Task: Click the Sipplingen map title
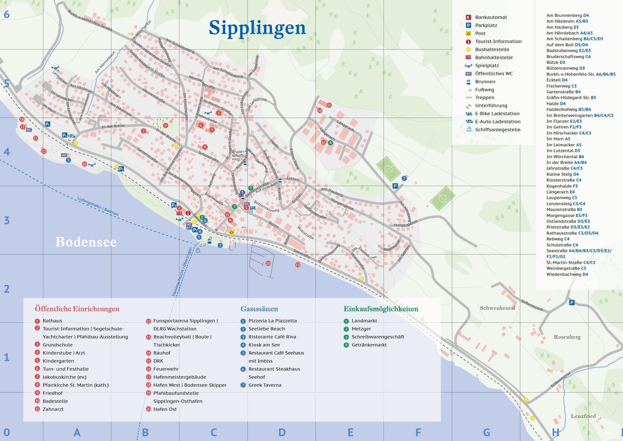tap(257, 28)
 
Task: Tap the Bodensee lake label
tap(86, 242)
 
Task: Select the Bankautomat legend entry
tap(490, 17)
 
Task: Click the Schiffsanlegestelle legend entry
tap(497, 130)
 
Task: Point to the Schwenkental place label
tap(497, 308)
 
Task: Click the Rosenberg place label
tap(567, 337)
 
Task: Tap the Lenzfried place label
tap(583, 416)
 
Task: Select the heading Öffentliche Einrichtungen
tap(77, 309)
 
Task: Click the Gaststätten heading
tap(259, 309)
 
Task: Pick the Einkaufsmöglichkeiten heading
tap(381, 309)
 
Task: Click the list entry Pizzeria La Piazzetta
tap(272, 321)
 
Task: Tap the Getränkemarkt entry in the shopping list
tap(369, 345)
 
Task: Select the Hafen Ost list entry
tap(165, 409)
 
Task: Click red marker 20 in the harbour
tap(268, 263)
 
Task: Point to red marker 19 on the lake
tap(298, 265)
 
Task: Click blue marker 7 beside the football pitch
tap(404, 178)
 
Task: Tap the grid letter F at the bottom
tap(418, 432)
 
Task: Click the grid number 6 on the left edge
tap(7, 15)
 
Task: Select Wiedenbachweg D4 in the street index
tap(567, 274)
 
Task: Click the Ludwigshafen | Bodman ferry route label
tap(98, 206)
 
